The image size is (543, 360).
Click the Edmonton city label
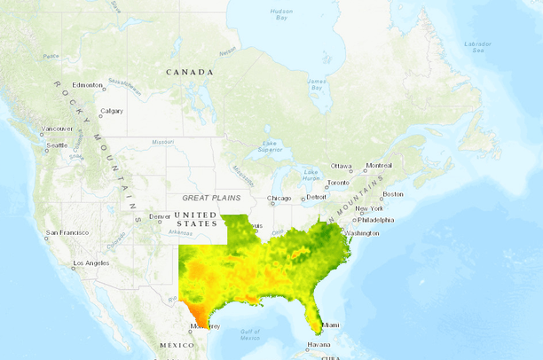[89, 85]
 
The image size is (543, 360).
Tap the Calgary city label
[112, 111]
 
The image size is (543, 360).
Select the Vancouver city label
[58, 129]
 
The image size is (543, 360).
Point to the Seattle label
[57, 145]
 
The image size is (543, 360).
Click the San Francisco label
[67, 233]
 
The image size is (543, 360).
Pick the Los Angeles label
[91, 263]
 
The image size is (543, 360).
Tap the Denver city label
[160, 216]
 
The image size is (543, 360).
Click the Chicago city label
[279, 199]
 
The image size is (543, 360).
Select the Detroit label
[317, 196]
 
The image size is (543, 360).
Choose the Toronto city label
[338, 183]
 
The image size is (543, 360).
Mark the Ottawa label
[342, 166]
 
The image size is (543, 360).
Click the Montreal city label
[379, 166]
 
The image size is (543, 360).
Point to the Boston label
[393, 193]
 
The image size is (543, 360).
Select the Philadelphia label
[377, 219]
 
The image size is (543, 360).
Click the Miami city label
[331, 325]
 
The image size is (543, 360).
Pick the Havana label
[319, 345]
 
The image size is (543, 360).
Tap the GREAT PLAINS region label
[212, 198]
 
